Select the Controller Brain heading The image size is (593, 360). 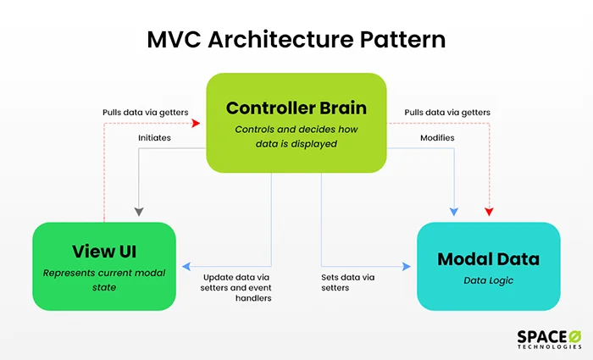tap(296, 108)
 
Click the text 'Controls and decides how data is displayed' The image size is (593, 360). tap(296, 136)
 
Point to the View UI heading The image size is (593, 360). tap(103, 252)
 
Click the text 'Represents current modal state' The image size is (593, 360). tap(103, 280)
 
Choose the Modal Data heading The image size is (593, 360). tap(489, 258)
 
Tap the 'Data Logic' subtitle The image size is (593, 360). tap(489, 281)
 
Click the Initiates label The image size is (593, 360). tap(157, 136)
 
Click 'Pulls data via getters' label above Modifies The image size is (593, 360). tap(447, 112)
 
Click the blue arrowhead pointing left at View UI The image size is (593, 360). tap(185, 266)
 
